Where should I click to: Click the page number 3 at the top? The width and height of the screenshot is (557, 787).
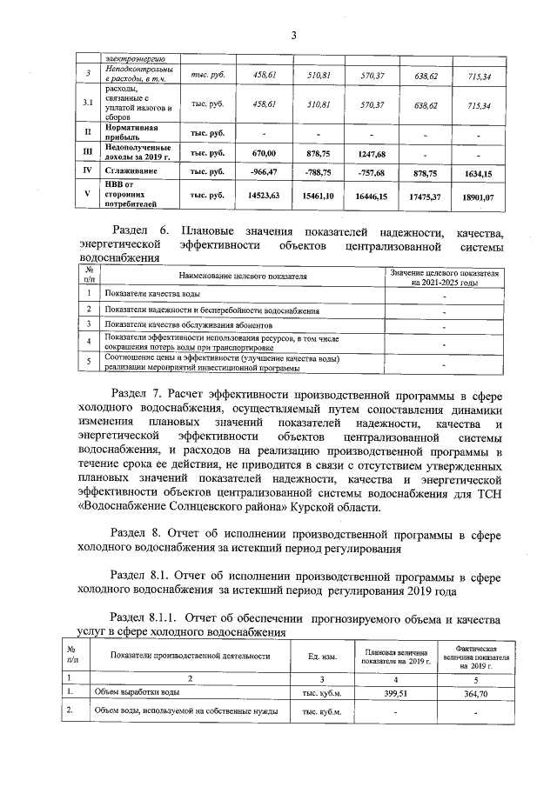(x=293, y=35)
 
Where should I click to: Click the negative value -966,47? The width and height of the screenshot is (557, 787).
(x=263, y=172)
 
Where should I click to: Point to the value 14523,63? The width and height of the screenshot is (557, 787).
(x=263, y=197)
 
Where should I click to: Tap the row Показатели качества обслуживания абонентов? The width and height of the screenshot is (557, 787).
(x=171, y=324)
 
